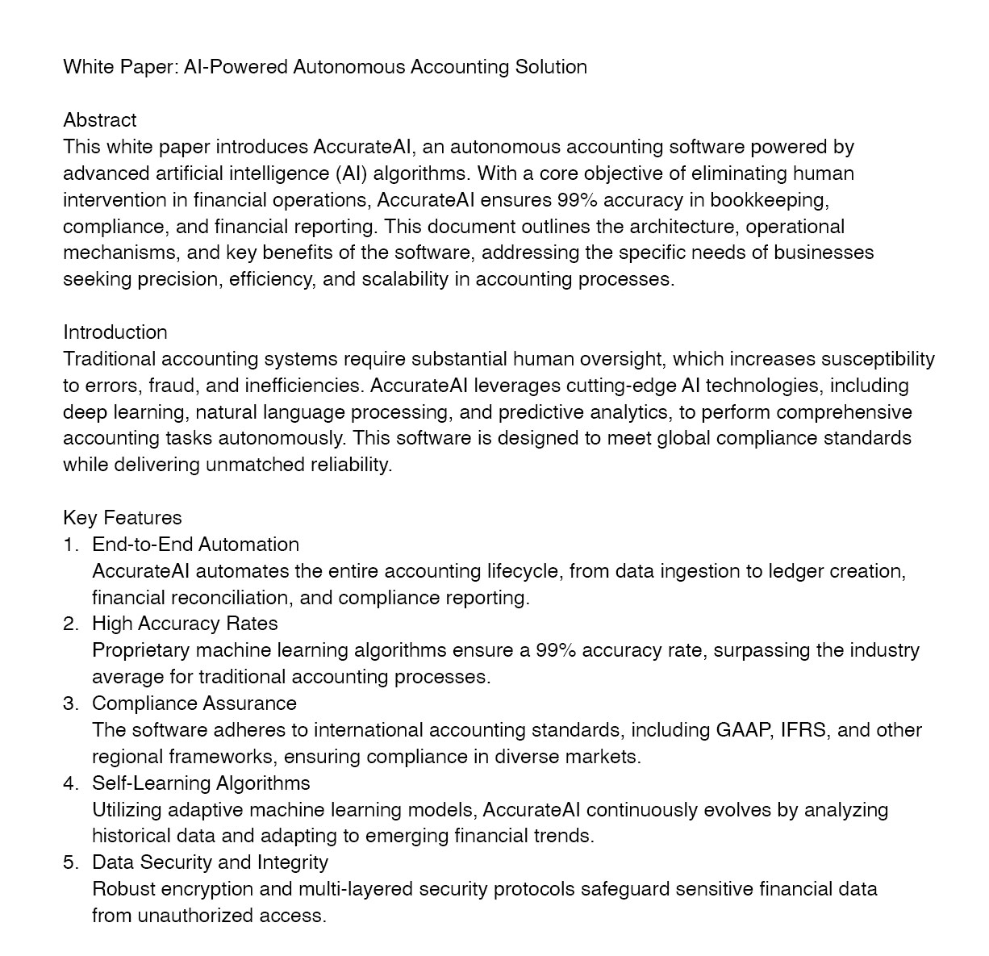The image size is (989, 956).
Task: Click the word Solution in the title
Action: click(551, 67)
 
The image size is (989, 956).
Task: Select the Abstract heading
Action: click(100, 120)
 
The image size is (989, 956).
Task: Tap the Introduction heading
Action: click(115, 332)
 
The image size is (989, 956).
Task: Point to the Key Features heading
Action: click(123, 518)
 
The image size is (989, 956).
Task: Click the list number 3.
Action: click(70, 703)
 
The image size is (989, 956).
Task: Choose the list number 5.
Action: click(70, 862)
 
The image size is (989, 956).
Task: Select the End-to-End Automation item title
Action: click(195, 545)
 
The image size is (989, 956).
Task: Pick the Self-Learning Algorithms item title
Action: click(201, 783)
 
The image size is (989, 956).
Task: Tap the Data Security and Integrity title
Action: click(210, 862)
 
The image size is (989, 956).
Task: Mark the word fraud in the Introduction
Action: click(171, 386)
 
